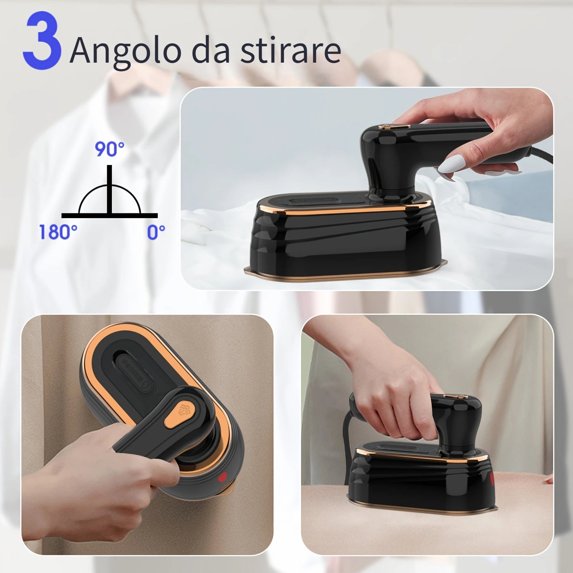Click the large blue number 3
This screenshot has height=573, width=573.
pos(42,41)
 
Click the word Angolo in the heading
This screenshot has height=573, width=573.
pos(125,51)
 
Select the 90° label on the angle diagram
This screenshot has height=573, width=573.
pos(109,149)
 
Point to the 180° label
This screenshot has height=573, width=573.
pos(58,232)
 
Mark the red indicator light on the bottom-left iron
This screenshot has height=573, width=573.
pos(223,477)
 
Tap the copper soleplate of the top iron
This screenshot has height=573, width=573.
pos(345,274)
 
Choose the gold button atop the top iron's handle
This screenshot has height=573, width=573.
pos(393,127)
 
